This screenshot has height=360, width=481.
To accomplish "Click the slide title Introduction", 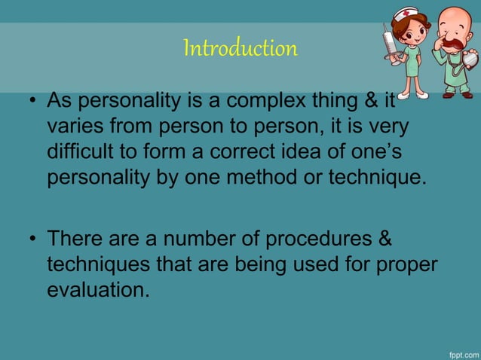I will [x=240, y=49].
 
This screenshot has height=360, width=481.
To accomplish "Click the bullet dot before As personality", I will [x=34, y=101].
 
